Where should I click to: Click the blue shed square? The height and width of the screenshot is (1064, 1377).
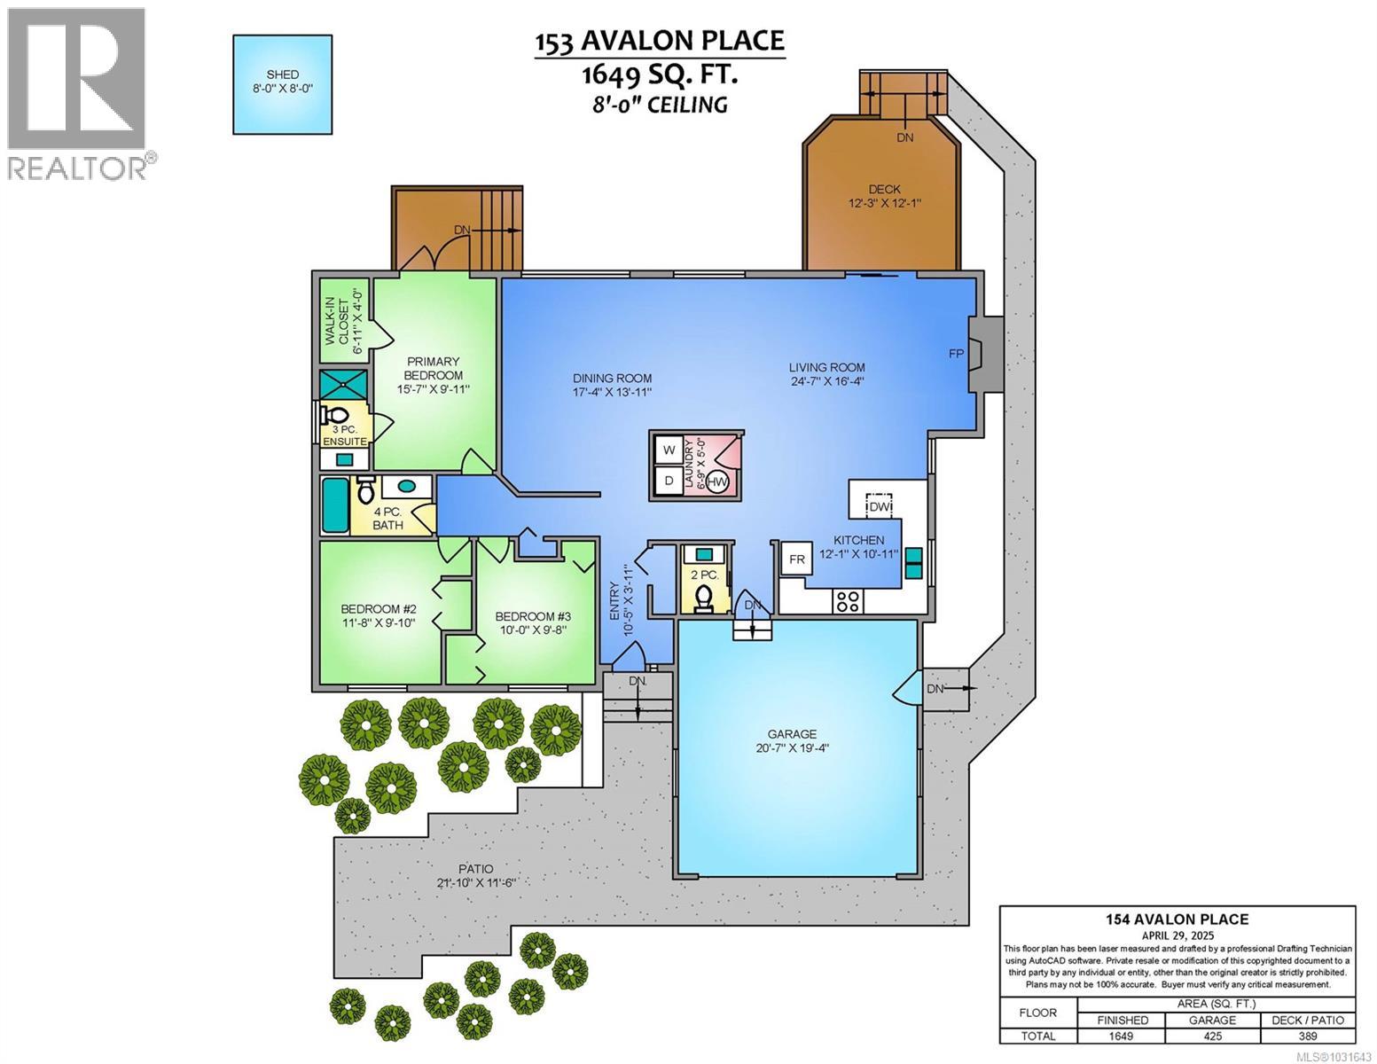point(283,84)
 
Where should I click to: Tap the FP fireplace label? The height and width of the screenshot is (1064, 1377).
point(957,353)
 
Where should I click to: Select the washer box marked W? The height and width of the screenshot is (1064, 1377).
point(668,450)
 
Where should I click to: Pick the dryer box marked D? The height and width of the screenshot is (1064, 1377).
point(668,481)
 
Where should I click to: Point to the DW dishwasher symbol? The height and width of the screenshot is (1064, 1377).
point(879,505)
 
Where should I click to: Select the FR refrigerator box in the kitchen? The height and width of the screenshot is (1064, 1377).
point(797,559)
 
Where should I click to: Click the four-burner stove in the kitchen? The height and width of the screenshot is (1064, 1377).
point(848,601)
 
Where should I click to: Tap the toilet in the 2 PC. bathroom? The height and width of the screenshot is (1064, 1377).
point(706,598)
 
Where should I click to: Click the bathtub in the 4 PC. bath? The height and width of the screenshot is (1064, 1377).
point(335,506)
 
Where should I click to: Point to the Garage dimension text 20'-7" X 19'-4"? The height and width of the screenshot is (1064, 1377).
point(792,747)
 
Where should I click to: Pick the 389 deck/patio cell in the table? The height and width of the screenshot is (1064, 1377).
point(1308,1036)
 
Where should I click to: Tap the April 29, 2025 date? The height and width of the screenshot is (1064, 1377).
point(1177,935)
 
